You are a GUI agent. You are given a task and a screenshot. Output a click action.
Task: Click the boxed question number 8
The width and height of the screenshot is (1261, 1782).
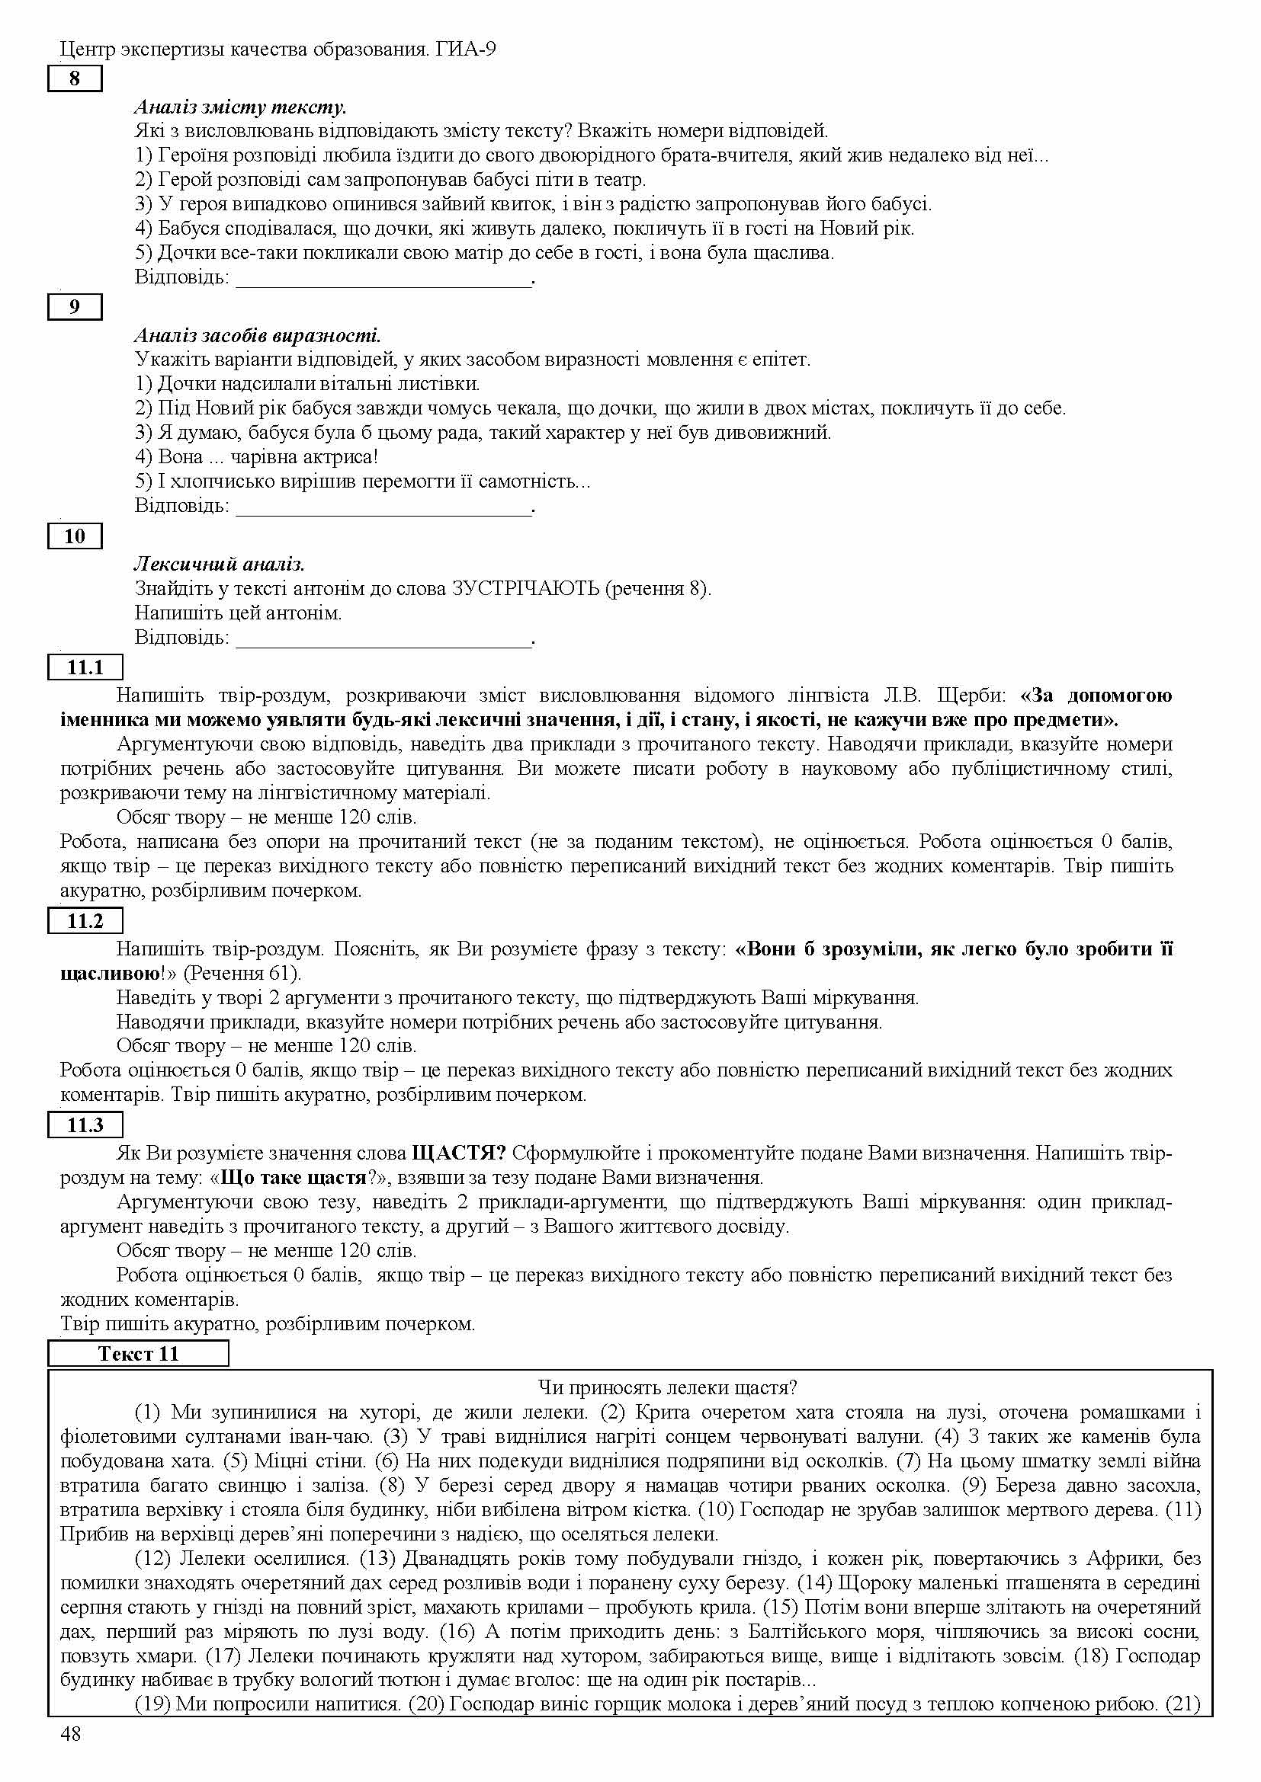point(75,79)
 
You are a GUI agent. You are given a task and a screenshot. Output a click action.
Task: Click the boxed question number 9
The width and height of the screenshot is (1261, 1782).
point(75,307)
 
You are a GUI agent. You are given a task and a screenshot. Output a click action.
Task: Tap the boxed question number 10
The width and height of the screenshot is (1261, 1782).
point(75,536)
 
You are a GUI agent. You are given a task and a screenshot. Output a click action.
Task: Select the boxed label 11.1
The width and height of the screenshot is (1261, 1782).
point(85,667)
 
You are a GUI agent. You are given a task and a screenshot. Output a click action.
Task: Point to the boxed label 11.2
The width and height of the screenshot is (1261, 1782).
point(85,921)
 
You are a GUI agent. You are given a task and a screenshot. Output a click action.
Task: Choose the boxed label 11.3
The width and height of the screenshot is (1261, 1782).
point(85,1125)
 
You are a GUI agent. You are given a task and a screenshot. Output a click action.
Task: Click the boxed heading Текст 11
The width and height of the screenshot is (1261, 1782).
point(138,1354)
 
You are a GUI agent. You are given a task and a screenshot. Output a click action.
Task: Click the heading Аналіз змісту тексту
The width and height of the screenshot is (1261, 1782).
point(240,107)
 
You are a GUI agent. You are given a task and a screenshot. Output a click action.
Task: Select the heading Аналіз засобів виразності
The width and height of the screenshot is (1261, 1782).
point(257,335)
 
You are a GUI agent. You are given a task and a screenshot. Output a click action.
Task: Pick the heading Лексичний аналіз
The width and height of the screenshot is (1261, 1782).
point(219,564)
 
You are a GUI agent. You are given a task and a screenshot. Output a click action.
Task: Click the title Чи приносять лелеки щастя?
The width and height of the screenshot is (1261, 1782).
point(668,1387)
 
